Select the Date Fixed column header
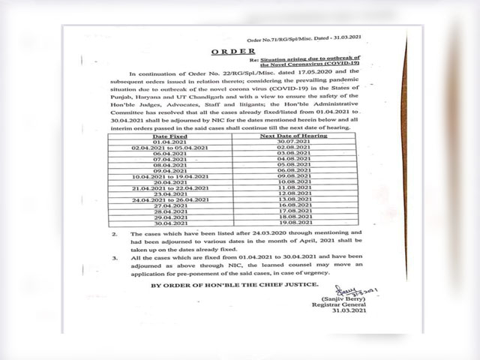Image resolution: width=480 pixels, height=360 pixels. pyautogui.click(x=170, y=137)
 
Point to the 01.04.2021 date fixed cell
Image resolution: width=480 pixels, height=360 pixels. pyautogui.click(x=170, y=143)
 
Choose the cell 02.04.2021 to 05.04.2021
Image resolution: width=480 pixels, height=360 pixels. pyautogui.click(x=170, y=149)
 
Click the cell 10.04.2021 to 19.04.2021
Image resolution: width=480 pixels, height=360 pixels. pyautogui.click(x=170, y=175)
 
